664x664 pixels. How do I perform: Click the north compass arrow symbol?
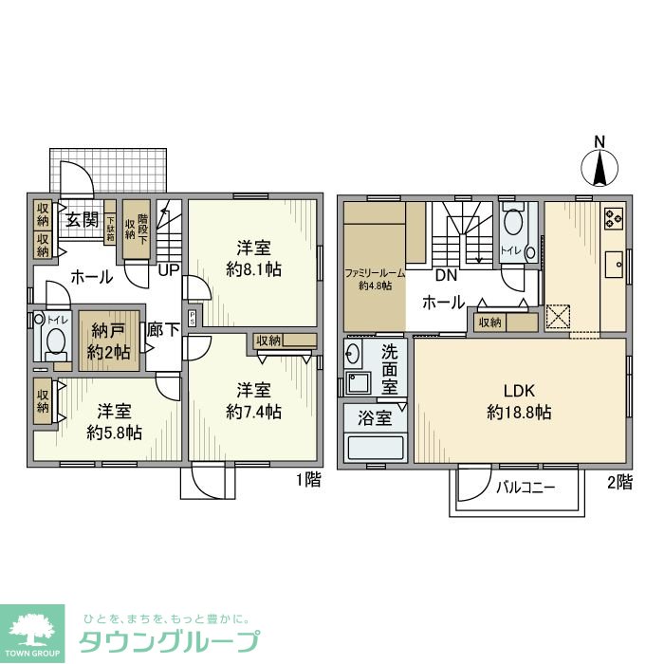[x=599, y=169]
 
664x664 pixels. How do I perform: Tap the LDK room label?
[x=519, y=391]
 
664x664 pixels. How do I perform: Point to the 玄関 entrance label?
[x=82, y=220]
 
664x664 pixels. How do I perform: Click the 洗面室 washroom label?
[x=389, y=369]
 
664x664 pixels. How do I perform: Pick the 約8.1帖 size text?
[x=253, y=269]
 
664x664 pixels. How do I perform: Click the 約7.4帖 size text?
[x=253, y=412]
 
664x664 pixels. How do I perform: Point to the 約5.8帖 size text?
[x=114, y=433]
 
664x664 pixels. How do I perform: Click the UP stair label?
[x=170, y=269]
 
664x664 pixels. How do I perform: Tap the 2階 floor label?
[x=618, y=482]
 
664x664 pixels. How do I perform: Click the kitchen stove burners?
[x=612, y=218]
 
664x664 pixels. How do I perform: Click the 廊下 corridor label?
[x=163, y=330]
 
